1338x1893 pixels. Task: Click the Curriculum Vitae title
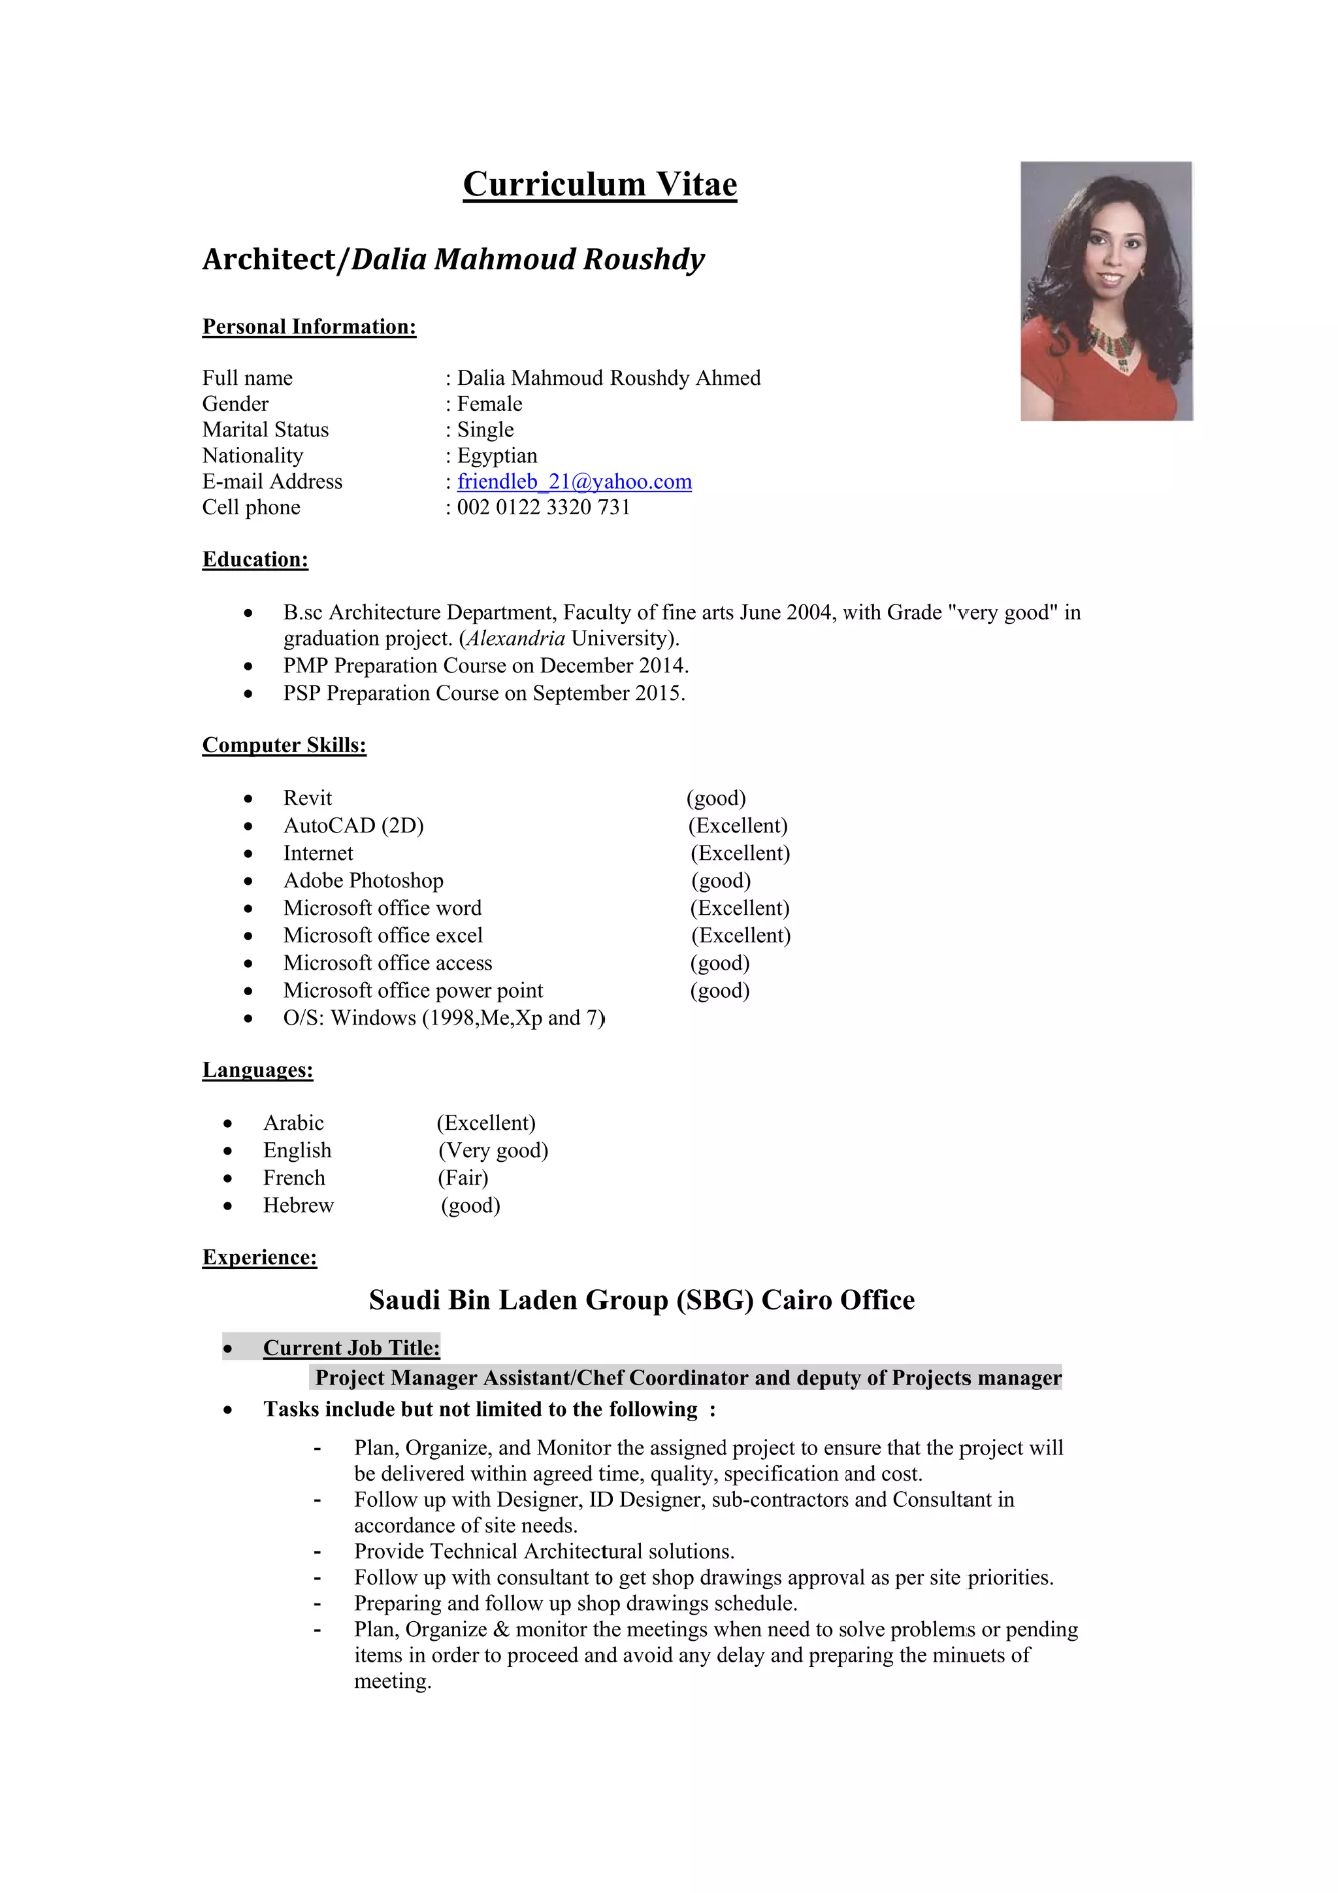click(x=599, y=184)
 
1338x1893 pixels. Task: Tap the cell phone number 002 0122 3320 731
click(x=544, y=507)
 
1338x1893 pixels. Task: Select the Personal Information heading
click(x=309, y=327)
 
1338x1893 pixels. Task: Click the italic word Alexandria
click(x=516, y=638)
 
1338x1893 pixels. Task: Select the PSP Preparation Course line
click(x=484, y=693)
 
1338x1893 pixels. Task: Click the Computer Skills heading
click(x=284, y=746)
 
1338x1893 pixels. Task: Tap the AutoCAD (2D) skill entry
click(x=353, y=825)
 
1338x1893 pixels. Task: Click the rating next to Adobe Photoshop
click(x=721, y=881)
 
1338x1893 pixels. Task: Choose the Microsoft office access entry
click(x=387, y=963)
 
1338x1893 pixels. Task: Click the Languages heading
click(x=258, y=1070)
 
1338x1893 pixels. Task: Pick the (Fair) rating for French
click(x=463, y=1177)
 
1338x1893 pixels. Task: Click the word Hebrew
click(x=299, y=1206)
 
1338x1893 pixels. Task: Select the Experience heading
click(x=259, y=1257)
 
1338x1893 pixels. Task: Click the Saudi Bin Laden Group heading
click(x=642, y=1300)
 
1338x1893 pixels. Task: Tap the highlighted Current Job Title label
click(x=351, y=1348)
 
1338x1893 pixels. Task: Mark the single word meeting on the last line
click(x=393, y=1681)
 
